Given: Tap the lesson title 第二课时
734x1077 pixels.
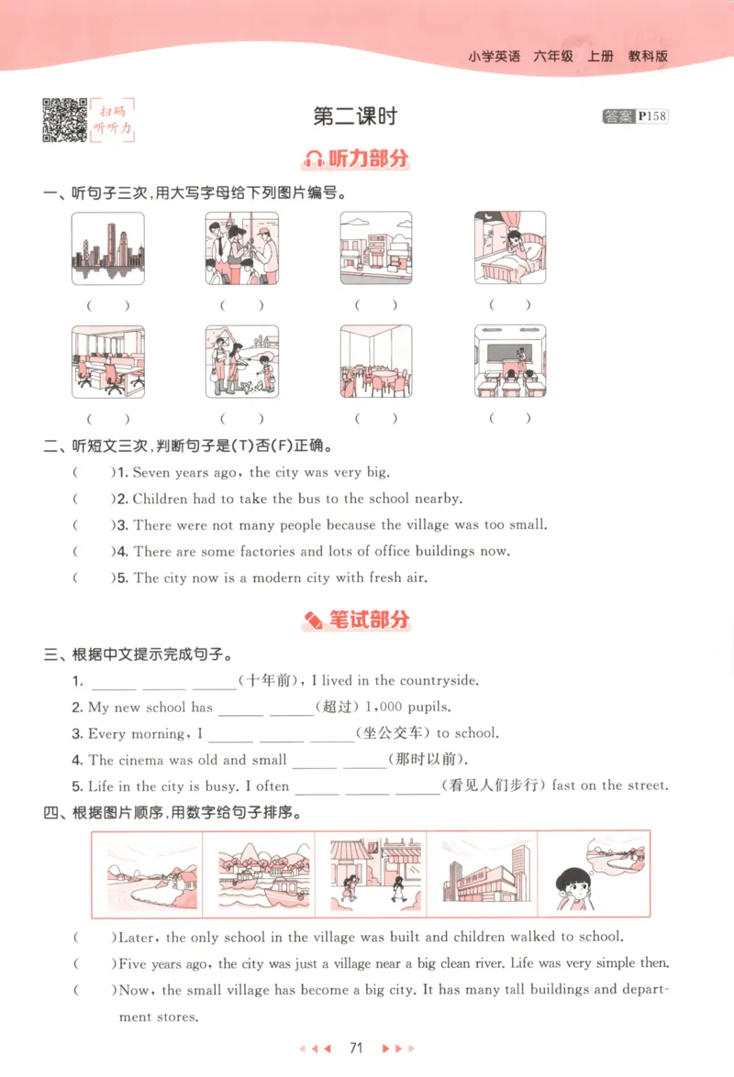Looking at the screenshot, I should click(x=355, y=116).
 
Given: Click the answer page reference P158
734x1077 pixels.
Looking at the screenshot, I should click(x=651, y=116).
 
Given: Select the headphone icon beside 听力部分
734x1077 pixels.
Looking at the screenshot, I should click(x=314, y=159).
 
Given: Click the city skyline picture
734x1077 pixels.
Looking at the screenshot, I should click(x=108, y=247).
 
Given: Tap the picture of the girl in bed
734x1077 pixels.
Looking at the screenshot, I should click(x=510, y=247).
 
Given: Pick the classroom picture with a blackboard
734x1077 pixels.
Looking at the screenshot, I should click(x=510, y=360).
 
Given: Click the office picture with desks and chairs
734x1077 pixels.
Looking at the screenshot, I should click(x=108, y=360).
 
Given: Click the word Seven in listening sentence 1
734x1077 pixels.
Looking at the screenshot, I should click(x=152, y=473).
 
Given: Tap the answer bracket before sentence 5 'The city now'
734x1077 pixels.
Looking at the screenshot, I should click(x=90, y=578).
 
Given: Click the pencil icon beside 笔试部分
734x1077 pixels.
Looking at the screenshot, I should click(x=313, y=621).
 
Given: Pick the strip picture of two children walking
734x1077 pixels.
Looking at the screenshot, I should click(x=372, y=874).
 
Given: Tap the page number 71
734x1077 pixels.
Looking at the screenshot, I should click(x=358, y=1048).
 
